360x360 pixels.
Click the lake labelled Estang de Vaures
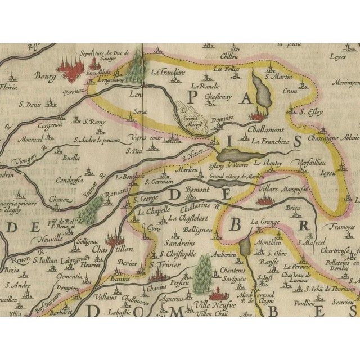point(239,154)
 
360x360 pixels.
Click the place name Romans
point(118,193)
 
